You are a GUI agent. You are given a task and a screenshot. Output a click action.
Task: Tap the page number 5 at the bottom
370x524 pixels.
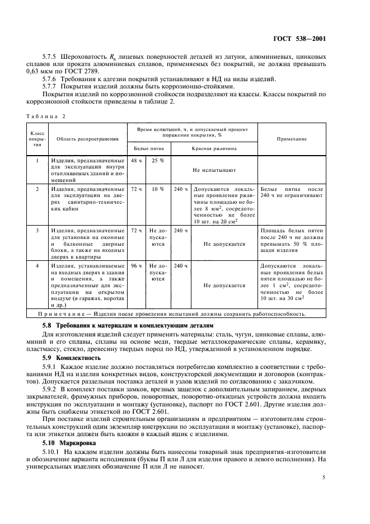pyautogui.click(x=324, y=478)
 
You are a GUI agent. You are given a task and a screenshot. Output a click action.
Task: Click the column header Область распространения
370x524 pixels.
pyautogui.click(x=84, y=138)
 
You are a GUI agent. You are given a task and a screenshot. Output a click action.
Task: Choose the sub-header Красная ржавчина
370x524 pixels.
pyautogui.click(x=214, y=149)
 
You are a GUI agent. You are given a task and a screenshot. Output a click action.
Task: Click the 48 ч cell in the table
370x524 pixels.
pyautogui.click(x=136, y=161)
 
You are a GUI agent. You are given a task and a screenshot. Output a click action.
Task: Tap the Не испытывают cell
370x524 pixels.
pyautogui.click(x=214, y=169)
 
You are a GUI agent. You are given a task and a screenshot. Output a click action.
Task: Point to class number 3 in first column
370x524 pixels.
pyautogui.click(x=37, y=230)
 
